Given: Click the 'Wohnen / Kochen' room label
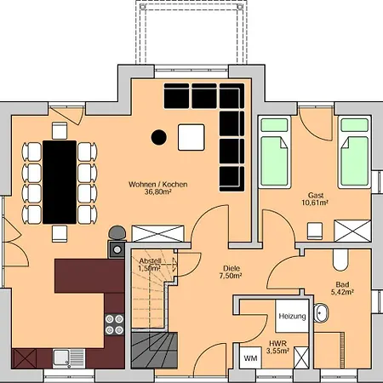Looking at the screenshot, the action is click(x=158, y=185).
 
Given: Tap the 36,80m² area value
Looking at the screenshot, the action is click(x=157, y=192).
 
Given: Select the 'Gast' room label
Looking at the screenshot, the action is click(x=316, y=196).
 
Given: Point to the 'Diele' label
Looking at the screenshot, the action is click(x=232, y=268).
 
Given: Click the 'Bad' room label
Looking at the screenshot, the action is click(x=342, y=284).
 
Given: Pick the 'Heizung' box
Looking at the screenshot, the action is click(x=292, y=316).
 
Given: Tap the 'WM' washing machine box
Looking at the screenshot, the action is click(x=250, y=358).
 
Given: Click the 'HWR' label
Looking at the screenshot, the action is click(x=278, y=344).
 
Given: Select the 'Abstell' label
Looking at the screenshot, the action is click(x=150, y=261).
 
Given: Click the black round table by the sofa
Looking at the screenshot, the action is click(x=159, y=137).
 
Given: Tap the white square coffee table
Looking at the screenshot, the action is click(x=191, y=137).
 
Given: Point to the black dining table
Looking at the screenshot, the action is click(x=60, y=182).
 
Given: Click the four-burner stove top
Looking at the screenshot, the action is click(x=114, y=324).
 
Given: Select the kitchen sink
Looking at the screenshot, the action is click(x=69, y=358).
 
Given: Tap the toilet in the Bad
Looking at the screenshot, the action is click(x=340, y=260).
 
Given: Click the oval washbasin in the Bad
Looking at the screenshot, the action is click(x=321, y=313).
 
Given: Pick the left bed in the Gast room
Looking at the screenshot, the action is click(x=275, y=152).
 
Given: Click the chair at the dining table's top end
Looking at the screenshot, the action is click(x=60, y=130).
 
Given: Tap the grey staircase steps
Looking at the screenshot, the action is click(x=155, y=351).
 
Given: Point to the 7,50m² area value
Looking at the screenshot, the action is click(x=231, y=276).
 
